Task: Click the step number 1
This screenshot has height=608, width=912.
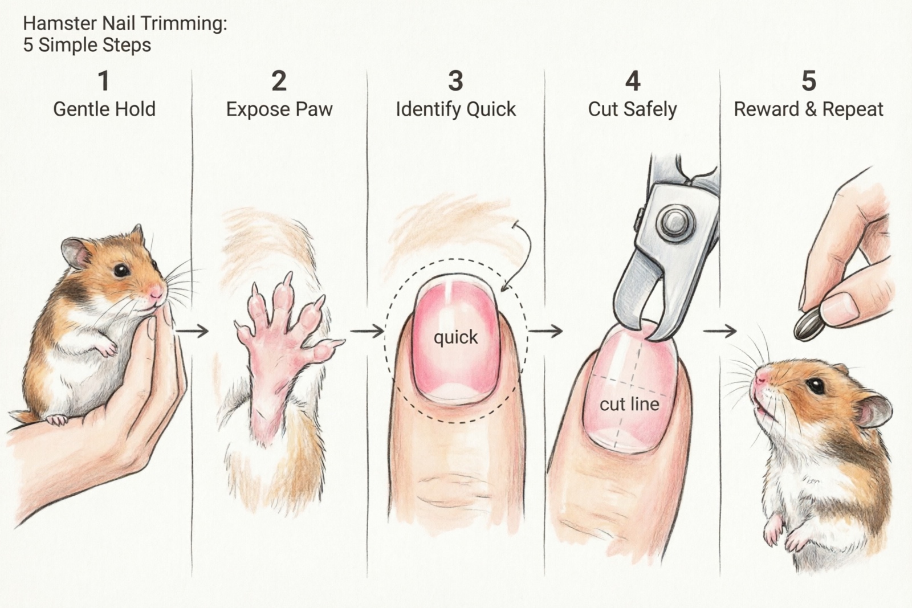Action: tap(103, 81)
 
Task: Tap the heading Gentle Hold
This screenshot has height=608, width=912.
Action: tap(104, 109)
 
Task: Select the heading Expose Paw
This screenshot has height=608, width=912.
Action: tap(279, 109)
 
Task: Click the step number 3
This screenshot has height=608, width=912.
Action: tap(455, 81)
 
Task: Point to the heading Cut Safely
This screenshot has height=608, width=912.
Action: tap(632, 109)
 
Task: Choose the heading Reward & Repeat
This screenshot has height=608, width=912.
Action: tap(808, 109)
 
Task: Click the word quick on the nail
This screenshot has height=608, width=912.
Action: tap(455, 337)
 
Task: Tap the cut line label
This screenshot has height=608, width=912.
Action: tap(629, 405)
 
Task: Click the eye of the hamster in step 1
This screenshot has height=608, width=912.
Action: tap(120, 270)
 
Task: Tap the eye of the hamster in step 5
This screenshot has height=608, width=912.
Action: tap(816, 386)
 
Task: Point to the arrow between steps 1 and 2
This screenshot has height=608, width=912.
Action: tap(197, 330)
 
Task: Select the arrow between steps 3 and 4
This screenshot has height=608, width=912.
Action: tap(545, 330)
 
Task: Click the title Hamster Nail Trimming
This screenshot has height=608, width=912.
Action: tap(125, 24)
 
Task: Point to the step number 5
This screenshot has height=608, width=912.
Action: tap(808, 81)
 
